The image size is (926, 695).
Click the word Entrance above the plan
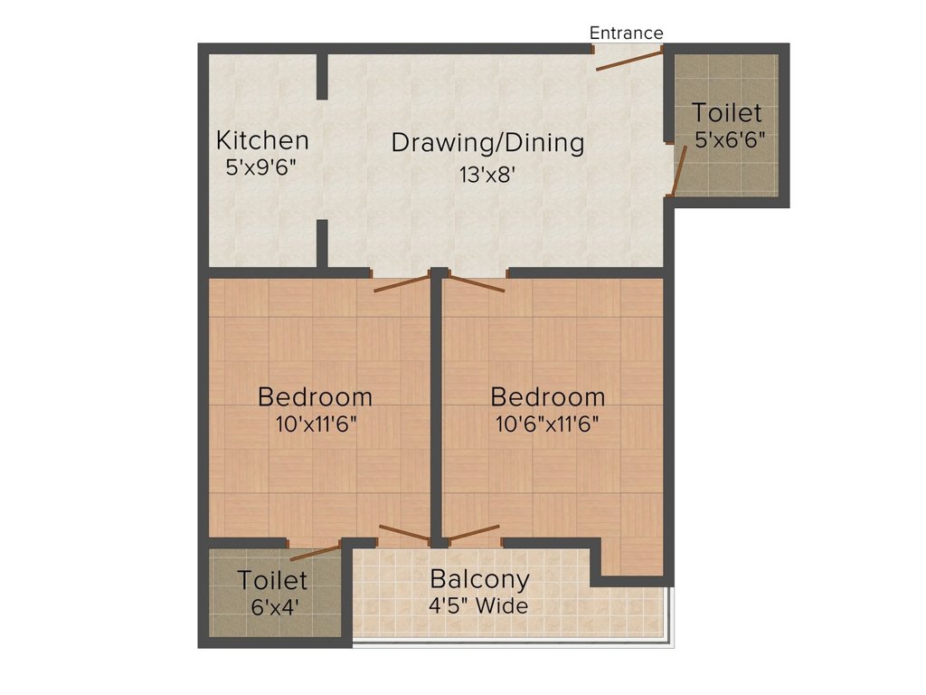[x=626, y=33]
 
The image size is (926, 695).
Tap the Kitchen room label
[x=262, y=140]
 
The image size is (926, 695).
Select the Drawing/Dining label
[x=487, y=143]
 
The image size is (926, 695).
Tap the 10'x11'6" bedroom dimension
[x=316, y=424]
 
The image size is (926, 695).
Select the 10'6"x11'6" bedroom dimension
[x=548, y=424]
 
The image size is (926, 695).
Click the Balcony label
[x=479, y=579]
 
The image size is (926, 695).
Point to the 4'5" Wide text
[x=478, y=605]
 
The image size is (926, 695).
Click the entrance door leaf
[x=629, y=61]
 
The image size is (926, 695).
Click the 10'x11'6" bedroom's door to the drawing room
[x=402, y=282]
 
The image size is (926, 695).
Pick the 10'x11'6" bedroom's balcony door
[x=404, y=534]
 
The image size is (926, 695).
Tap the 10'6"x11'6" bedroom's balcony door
[x=474, y=532]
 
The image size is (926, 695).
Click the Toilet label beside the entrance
[x=726, y=113]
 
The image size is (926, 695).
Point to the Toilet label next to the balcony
[x=272, y=580]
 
